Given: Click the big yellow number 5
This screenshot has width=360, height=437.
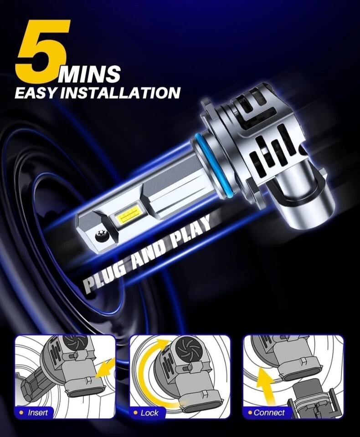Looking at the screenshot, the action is pos(42,51).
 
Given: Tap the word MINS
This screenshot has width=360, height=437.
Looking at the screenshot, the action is pos(89,74).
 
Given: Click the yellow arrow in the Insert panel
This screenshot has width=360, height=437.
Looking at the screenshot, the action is pos(105,368).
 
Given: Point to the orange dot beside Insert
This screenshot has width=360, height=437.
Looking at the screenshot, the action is pos(21,412).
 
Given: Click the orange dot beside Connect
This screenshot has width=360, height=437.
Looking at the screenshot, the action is pos(250,412).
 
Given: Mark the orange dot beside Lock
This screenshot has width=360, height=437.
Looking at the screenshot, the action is pos(136,412).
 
